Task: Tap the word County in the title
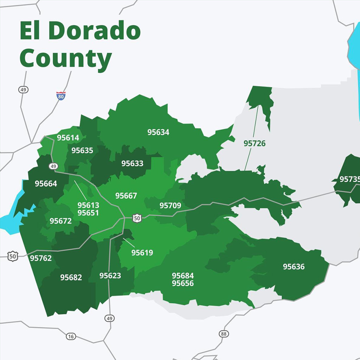pyautogui.click(x=66, y=59)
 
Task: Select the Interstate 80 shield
pyautogui.click(x=61, y=96)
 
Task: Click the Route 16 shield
pyautogui.click(x=71, y=336)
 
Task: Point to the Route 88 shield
pyautogui.click(x=224, y=334)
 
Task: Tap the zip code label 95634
pyautogui.click(x=158, y=132)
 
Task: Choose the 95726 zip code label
pyautogui.click(x=255, y=143)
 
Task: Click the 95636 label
pyautogui.click(x=294, y=266)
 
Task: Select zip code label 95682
pyautogui.click(x=71, y=277)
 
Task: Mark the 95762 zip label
pyautogui.click(x=41, y=258)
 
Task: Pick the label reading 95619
pyautogui.click(x=142, y=252)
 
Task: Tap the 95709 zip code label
pyautogui.click(x=170, y=205)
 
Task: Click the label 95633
pyautogui.click(x=133, y=163)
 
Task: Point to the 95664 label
pyautogui.click(x=46, y=184)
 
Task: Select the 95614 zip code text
pyautogui.click(x=68, y=138)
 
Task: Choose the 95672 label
pyautogui.click(x=60, y=221)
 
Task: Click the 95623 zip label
pyautogui.click(x=110, y=276)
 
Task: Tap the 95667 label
pyautogui.click(x=126, y=196)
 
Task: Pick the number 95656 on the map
pyautogui.click(x=183, y=283)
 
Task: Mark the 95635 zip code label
pyautogui.click(x=82, y=150)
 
